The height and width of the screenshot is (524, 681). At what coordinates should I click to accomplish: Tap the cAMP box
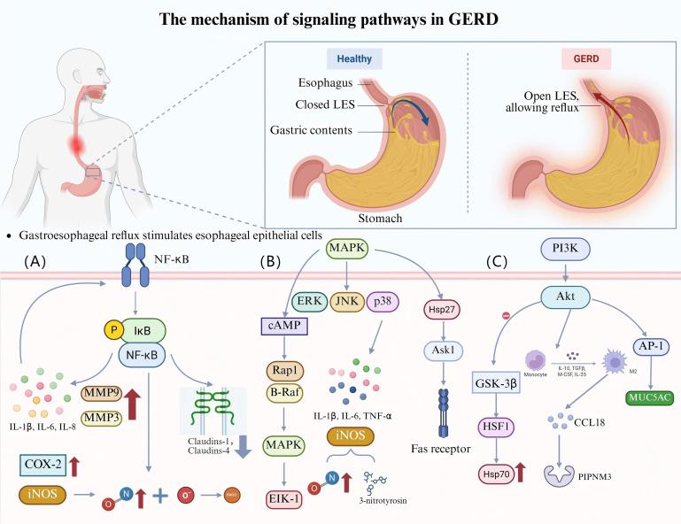282,326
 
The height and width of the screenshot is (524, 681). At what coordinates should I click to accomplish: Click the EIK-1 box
282,475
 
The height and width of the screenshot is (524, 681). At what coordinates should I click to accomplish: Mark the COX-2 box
43,464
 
